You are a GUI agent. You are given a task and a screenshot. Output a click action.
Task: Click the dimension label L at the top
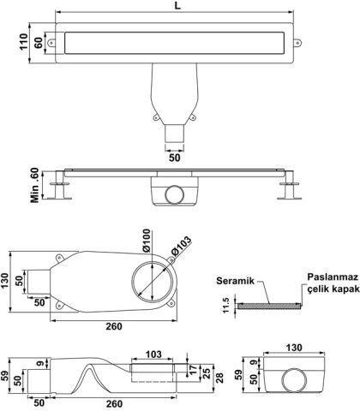177,6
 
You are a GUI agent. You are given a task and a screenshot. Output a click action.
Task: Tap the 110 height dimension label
23,42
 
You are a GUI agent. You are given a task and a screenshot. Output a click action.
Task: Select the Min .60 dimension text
34,186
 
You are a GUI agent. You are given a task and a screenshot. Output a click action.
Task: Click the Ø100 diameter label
147,241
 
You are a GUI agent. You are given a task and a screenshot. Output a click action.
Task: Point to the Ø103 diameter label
181,246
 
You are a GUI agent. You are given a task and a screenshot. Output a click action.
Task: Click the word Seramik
235,281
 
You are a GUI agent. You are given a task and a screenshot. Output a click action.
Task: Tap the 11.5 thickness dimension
226,306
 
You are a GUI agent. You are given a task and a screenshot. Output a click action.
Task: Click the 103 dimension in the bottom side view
153,354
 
